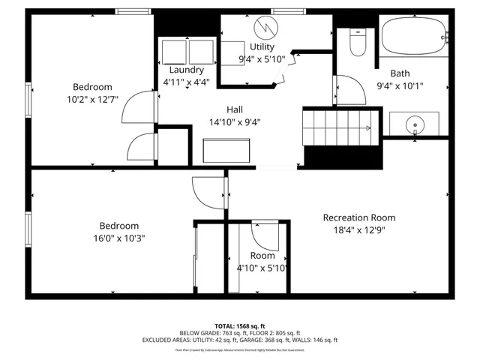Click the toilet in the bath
pyautogui.click(x=357, y=45)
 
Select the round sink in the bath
pyautogui.click(x=413, y=124)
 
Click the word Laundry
pyautogui.click(x=187, y=70)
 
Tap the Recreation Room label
pyautogui.click(x=358, y=217)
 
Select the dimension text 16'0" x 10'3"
pyautogui.click(x=114, y=238)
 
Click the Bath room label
pyautogui.click(x=400, y=73)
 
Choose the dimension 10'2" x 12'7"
pyautogui.click(x=92, y=98)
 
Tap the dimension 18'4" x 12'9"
pyautogui.click(x=358, y=230)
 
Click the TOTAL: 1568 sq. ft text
pyautogui.click(x=239, y=326)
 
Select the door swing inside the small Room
pyautogui.click(x=263, y=236)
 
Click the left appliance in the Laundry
pyautogui.click(x=174, y=52)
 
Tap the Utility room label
pyautogui.click(x=262, y=46)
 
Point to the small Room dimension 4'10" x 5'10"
pyautogui.click(x=262, y=268)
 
